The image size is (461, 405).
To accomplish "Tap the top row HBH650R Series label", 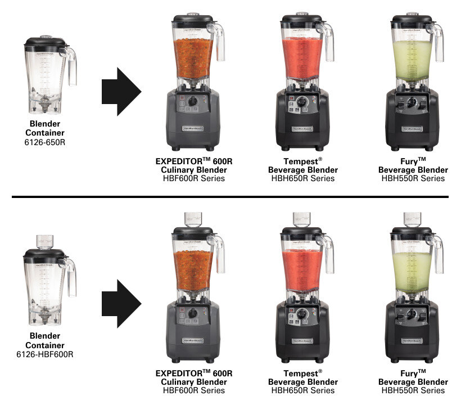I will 303,178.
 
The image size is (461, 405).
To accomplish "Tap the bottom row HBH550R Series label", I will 413,390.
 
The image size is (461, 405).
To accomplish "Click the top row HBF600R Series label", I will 194,178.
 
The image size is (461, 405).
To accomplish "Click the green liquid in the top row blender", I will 412,57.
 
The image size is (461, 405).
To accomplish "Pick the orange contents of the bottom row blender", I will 193,267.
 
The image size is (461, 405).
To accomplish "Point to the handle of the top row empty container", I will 71,66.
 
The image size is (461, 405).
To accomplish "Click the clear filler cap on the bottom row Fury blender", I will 412,219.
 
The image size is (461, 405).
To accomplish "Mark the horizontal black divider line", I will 231,196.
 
